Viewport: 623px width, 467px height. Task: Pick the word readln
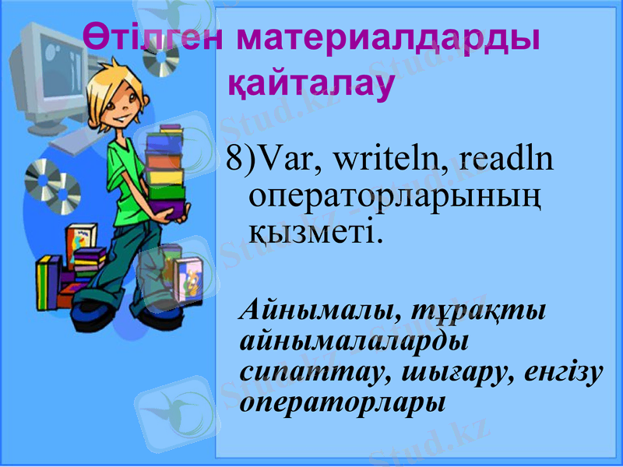(x=506, y=160)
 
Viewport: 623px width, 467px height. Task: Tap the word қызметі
(x=316, y=231)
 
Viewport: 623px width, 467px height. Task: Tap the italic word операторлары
(x=343, y=403)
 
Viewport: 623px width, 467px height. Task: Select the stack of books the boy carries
(x=166, y=167)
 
